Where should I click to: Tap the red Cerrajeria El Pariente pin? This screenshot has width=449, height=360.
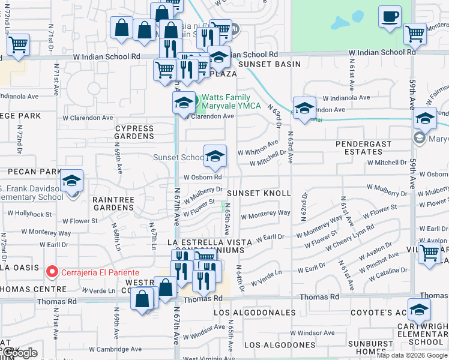tap(52, 272)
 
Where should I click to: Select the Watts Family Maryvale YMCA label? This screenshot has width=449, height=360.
tap(231, 102)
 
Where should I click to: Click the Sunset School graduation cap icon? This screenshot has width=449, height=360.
tap(215, 157)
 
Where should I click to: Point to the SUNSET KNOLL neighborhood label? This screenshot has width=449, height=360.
tap(259, 193)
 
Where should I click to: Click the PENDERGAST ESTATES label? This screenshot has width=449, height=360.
tap(363, 148)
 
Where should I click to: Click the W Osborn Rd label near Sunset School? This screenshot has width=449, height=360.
tap(203, 177)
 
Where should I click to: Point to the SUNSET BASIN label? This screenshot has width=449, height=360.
tap(268, 64)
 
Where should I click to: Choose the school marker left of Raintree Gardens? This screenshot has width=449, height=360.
tap(71, 181)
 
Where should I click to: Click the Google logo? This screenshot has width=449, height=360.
tap(19, 353)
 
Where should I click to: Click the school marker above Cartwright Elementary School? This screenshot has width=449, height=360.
tap(419, 310)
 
